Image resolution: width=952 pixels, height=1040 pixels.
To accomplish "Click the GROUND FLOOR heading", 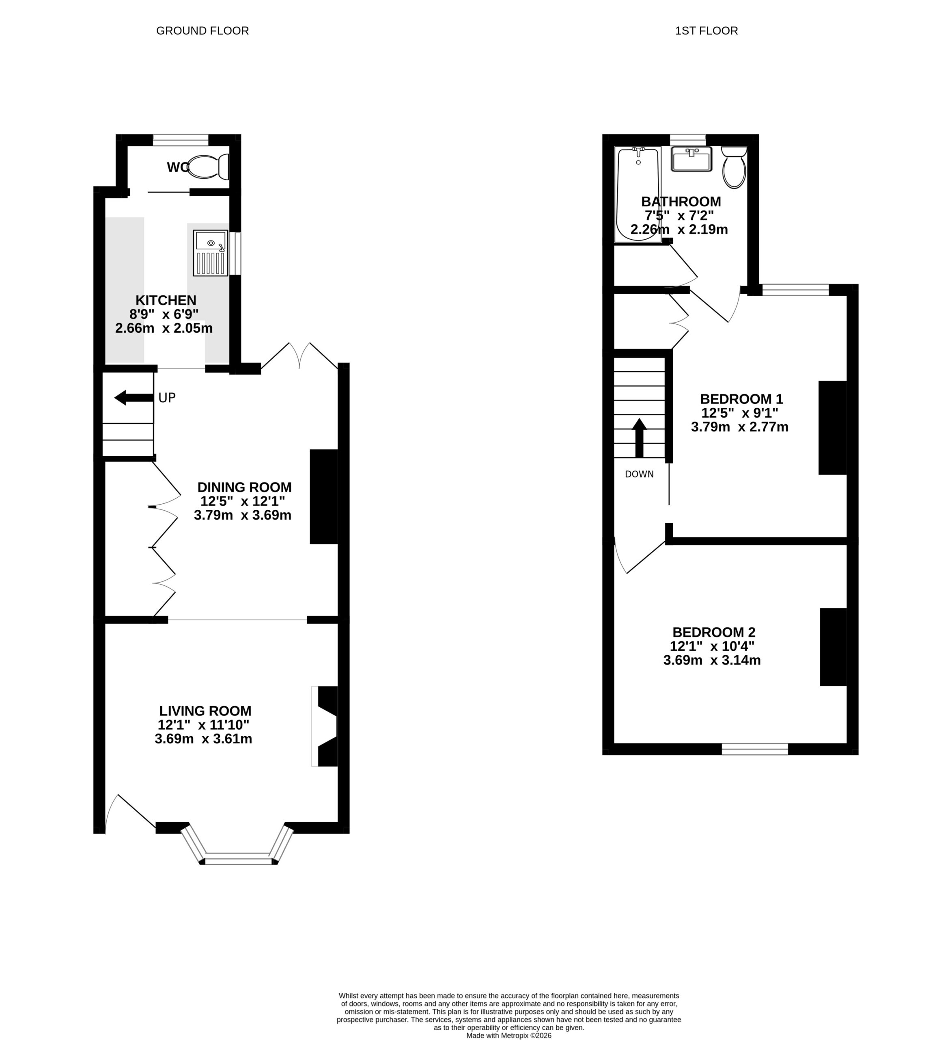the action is tap(202, 31).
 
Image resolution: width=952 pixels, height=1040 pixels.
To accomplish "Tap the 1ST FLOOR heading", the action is tap(706, 31).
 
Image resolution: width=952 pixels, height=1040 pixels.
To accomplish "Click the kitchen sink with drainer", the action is tap(210, 253).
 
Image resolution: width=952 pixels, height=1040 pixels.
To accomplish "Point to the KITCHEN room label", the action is tap(166, 300).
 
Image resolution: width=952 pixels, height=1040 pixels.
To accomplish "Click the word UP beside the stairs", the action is tap(167, 398).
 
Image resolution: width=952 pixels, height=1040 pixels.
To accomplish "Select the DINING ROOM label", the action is tap(244, 487).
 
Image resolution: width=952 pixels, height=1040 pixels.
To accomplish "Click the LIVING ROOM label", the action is tap(205, 711).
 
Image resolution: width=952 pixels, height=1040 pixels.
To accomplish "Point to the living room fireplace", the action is tap(325, 726).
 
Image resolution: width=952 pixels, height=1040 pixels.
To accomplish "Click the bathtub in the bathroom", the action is tap(638, 195).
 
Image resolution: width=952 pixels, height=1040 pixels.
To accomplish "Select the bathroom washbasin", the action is tap(691, 159).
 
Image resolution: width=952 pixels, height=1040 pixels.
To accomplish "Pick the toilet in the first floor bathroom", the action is tap(734, 167).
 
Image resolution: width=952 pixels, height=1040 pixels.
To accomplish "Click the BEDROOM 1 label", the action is tap(741, 399).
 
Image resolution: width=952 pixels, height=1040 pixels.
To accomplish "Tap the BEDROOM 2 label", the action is tap(714, 632).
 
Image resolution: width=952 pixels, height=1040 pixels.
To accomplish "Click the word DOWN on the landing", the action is tap(639, 474).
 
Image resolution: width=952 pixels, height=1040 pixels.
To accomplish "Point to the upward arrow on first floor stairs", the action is tap(640, 438).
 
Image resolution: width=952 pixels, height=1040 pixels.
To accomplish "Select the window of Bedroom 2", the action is tap(755, 749).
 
